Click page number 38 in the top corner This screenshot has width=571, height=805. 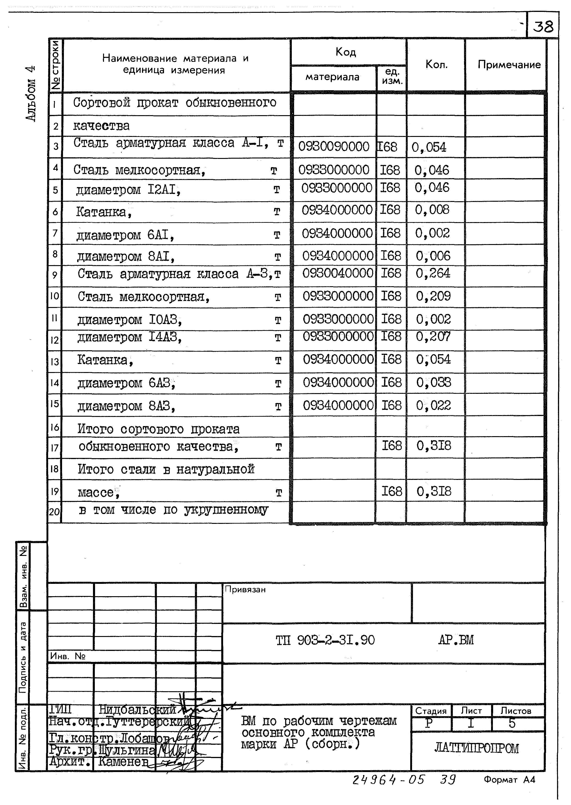click(543, 27)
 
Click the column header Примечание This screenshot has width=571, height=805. click(509, 65)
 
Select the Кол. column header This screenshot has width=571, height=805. click(436, 64)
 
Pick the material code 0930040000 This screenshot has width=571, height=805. click(338, 273)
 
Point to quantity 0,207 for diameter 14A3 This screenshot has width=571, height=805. click(433, 337)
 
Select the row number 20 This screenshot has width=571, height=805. click(55, 512)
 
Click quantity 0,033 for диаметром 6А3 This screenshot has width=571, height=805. click(434, 382)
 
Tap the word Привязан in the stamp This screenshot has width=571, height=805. click(245, 590)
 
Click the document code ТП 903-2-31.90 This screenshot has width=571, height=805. click(325, 640)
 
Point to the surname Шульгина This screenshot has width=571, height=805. click(127, 751)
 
